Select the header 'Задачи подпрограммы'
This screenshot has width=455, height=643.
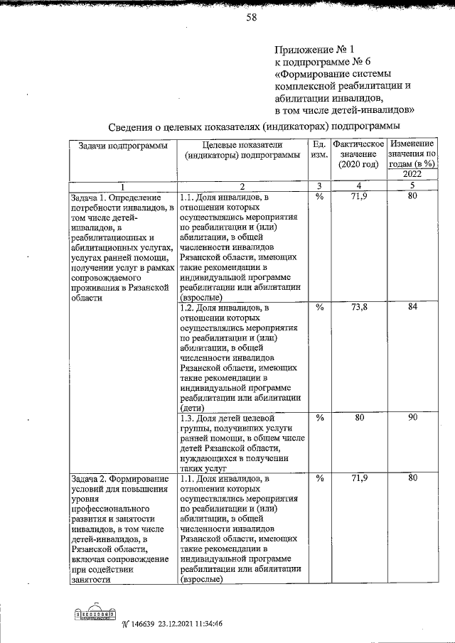point(118,146)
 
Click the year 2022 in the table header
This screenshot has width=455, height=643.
point(412,175)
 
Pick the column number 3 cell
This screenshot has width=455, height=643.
point(320,186)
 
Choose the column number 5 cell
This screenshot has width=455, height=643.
point(412,186)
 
